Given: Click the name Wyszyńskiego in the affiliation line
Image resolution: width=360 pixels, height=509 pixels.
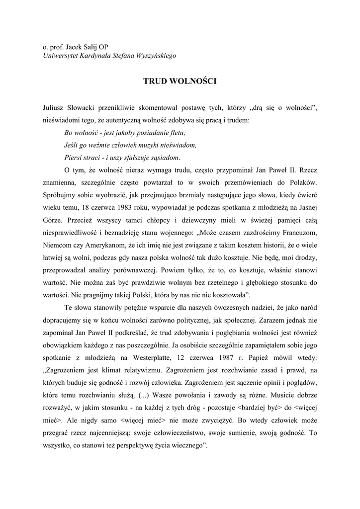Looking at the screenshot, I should (155, 56).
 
